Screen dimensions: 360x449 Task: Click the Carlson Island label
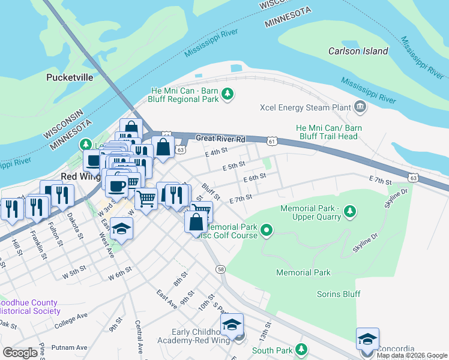click(358, 51)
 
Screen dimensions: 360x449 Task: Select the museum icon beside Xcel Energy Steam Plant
click(360, 107)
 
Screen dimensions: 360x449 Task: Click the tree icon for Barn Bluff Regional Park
click(228, 94)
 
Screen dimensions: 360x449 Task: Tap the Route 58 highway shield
click(221, 269)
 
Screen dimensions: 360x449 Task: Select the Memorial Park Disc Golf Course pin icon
click(268, 229)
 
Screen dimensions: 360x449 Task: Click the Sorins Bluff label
click(339, 294)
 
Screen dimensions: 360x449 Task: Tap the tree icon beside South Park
click(301, 350)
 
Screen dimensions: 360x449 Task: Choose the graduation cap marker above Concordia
click(367, 340)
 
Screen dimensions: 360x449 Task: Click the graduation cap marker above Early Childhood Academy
click(231, 325)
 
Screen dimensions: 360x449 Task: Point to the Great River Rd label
click(221, 139)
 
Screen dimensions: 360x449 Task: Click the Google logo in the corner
click(20, 353)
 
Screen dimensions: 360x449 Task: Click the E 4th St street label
click(216, 152)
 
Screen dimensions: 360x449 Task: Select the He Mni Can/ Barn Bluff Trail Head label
click(329, 132)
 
